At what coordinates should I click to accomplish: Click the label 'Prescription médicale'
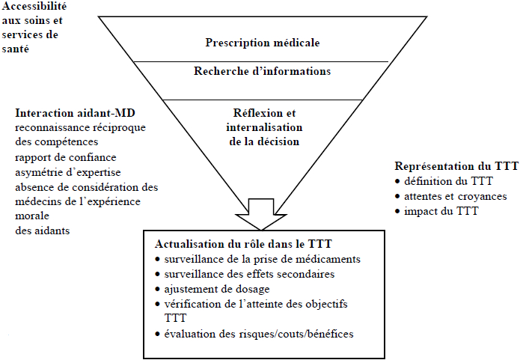click(x=263, y=43)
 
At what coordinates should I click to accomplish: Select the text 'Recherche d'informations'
click(x=263, y=71)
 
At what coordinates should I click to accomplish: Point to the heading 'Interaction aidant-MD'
click(x=76, y=113)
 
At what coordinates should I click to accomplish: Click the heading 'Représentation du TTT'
click(x=456, y=166)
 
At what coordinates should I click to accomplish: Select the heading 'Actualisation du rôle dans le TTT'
click(x=243, y=244)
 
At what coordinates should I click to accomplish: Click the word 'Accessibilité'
click(x=34, y=6)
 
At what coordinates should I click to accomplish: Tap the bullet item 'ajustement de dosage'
click(x=217, y=289)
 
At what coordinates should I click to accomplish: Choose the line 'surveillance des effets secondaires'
click(x=249, y=274)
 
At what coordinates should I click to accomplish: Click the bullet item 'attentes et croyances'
click(x=456, y=196)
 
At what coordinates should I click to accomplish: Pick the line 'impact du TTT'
click(x=441, y=211)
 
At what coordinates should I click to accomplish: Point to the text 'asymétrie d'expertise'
click(x=68, y=173)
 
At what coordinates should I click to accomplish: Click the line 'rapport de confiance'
click(x=66, y=157)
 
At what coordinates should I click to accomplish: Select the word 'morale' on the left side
click(x=32, y=216)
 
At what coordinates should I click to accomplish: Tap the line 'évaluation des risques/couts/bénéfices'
click(x=259, y=334)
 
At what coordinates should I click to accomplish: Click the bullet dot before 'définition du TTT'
click(x=397, y=182)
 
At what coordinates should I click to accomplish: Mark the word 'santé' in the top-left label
click(x=16, y=49)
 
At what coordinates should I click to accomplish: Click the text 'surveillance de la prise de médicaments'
click(x=263, y=259)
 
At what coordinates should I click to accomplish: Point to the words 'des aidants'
click(x=43, y=231)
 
